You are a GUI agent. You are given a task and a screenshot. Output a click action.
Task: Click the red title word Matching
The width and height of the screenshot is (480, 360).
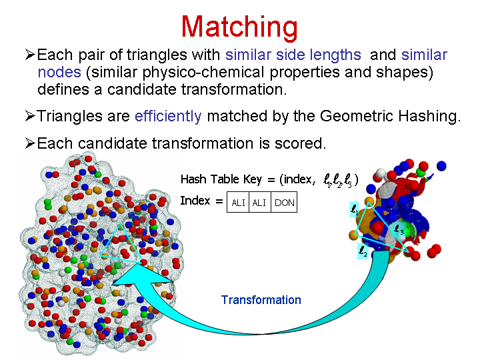point(239,28)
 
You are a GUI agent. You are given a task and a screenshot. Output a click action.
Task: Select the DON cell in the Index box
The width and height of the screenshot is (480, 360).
point(284,203)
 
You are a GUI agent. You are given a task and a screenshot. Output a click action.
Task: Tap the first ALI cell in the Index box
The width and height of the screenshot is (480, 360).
point(238,203)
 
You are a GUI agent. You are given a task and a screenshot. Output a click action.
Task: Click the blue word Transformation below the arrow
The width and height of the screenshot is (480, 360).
point(261,300)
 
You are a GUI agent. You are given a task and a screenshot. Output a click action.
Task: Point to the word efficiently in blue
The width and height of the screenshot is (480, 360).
point(168,117)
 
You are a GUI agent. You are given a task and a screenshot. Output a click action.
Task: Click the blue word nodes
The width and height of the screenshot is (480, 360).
point(59,73)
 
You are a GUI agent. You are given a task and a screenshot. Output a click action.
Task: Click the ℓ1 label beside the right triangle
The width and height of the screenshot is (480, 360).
point(354,210)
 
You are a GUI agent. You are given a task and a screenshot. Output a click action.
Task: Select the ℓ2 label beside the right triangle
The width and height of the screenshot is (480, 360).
point(363,251)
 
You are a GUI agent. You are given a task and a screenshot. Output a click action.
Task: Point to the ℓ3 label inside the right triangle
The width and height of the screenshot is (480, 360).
point(399,229)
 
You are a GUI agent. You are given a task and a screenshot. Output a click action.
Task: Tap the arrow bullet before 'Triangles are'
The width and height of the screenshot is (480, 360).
point(30,116)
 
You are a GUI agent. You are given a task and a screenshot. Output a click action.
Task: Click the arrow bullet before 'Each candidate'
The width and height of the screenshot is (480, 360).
point(30,143)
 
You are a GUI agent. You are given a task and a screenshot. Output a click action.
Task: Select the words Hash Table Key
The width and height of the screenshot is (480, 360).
point(221,179)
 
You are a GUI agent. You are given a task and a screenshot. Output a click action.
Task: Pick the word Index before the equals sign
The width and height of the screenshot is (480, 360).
point(195,201)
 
